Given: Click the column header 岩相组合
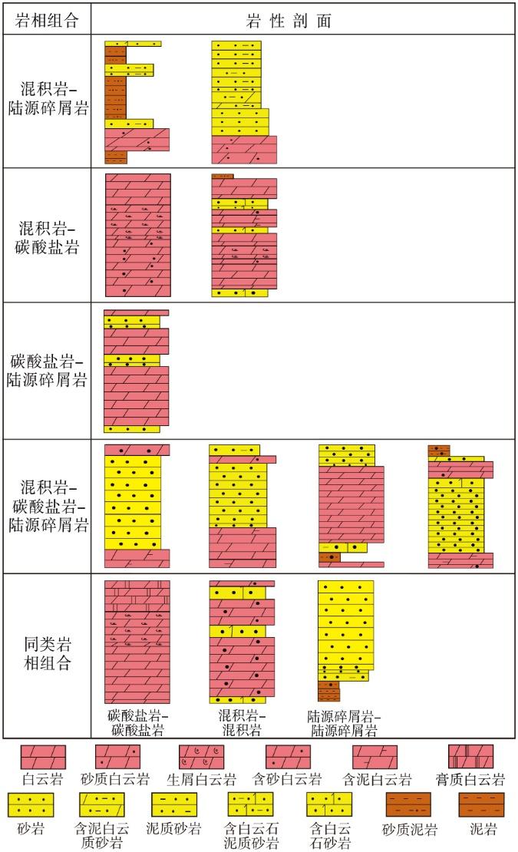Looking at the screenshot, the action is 47,21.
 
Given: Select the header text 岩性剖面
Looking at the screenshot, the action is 289,21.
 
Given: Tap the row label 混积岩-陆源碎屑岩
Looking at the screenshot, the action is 48,98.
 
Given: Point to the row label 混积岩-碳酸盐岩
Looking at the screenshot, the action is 48,237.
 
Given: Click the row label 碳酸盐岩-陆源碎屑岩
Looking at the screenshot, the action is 48,370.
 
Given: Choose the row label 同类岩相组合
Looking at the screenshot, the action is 48,653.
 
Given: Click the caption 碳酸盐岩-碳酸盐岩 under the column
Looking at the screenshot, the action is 137,723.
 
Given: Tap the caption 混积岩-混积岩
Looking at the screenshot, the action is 242,723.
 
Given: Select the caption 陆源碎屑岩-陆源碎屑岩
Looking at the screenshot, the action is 345,723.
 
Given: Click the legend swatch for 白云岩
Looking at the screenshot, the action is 44,757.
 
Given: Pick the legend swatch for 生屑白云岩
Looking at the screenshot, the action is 201,757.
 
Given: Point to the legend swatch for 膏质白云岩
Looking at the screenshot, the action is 470,757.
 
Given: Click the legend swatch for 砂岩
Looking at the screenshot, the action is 31,804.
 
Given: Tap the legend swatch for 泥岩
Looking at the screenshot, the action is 482,804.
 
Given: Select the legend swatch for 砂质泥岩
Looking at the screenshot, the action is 408,804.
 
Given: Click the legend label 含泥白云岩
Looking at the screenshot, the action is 377,780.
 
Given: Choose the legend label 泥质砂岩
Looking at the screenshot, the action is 173,829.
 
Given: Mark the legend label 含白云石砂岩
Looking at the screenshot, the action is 330,836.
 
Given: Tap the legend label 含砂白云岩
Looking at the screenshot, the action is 288,780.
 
